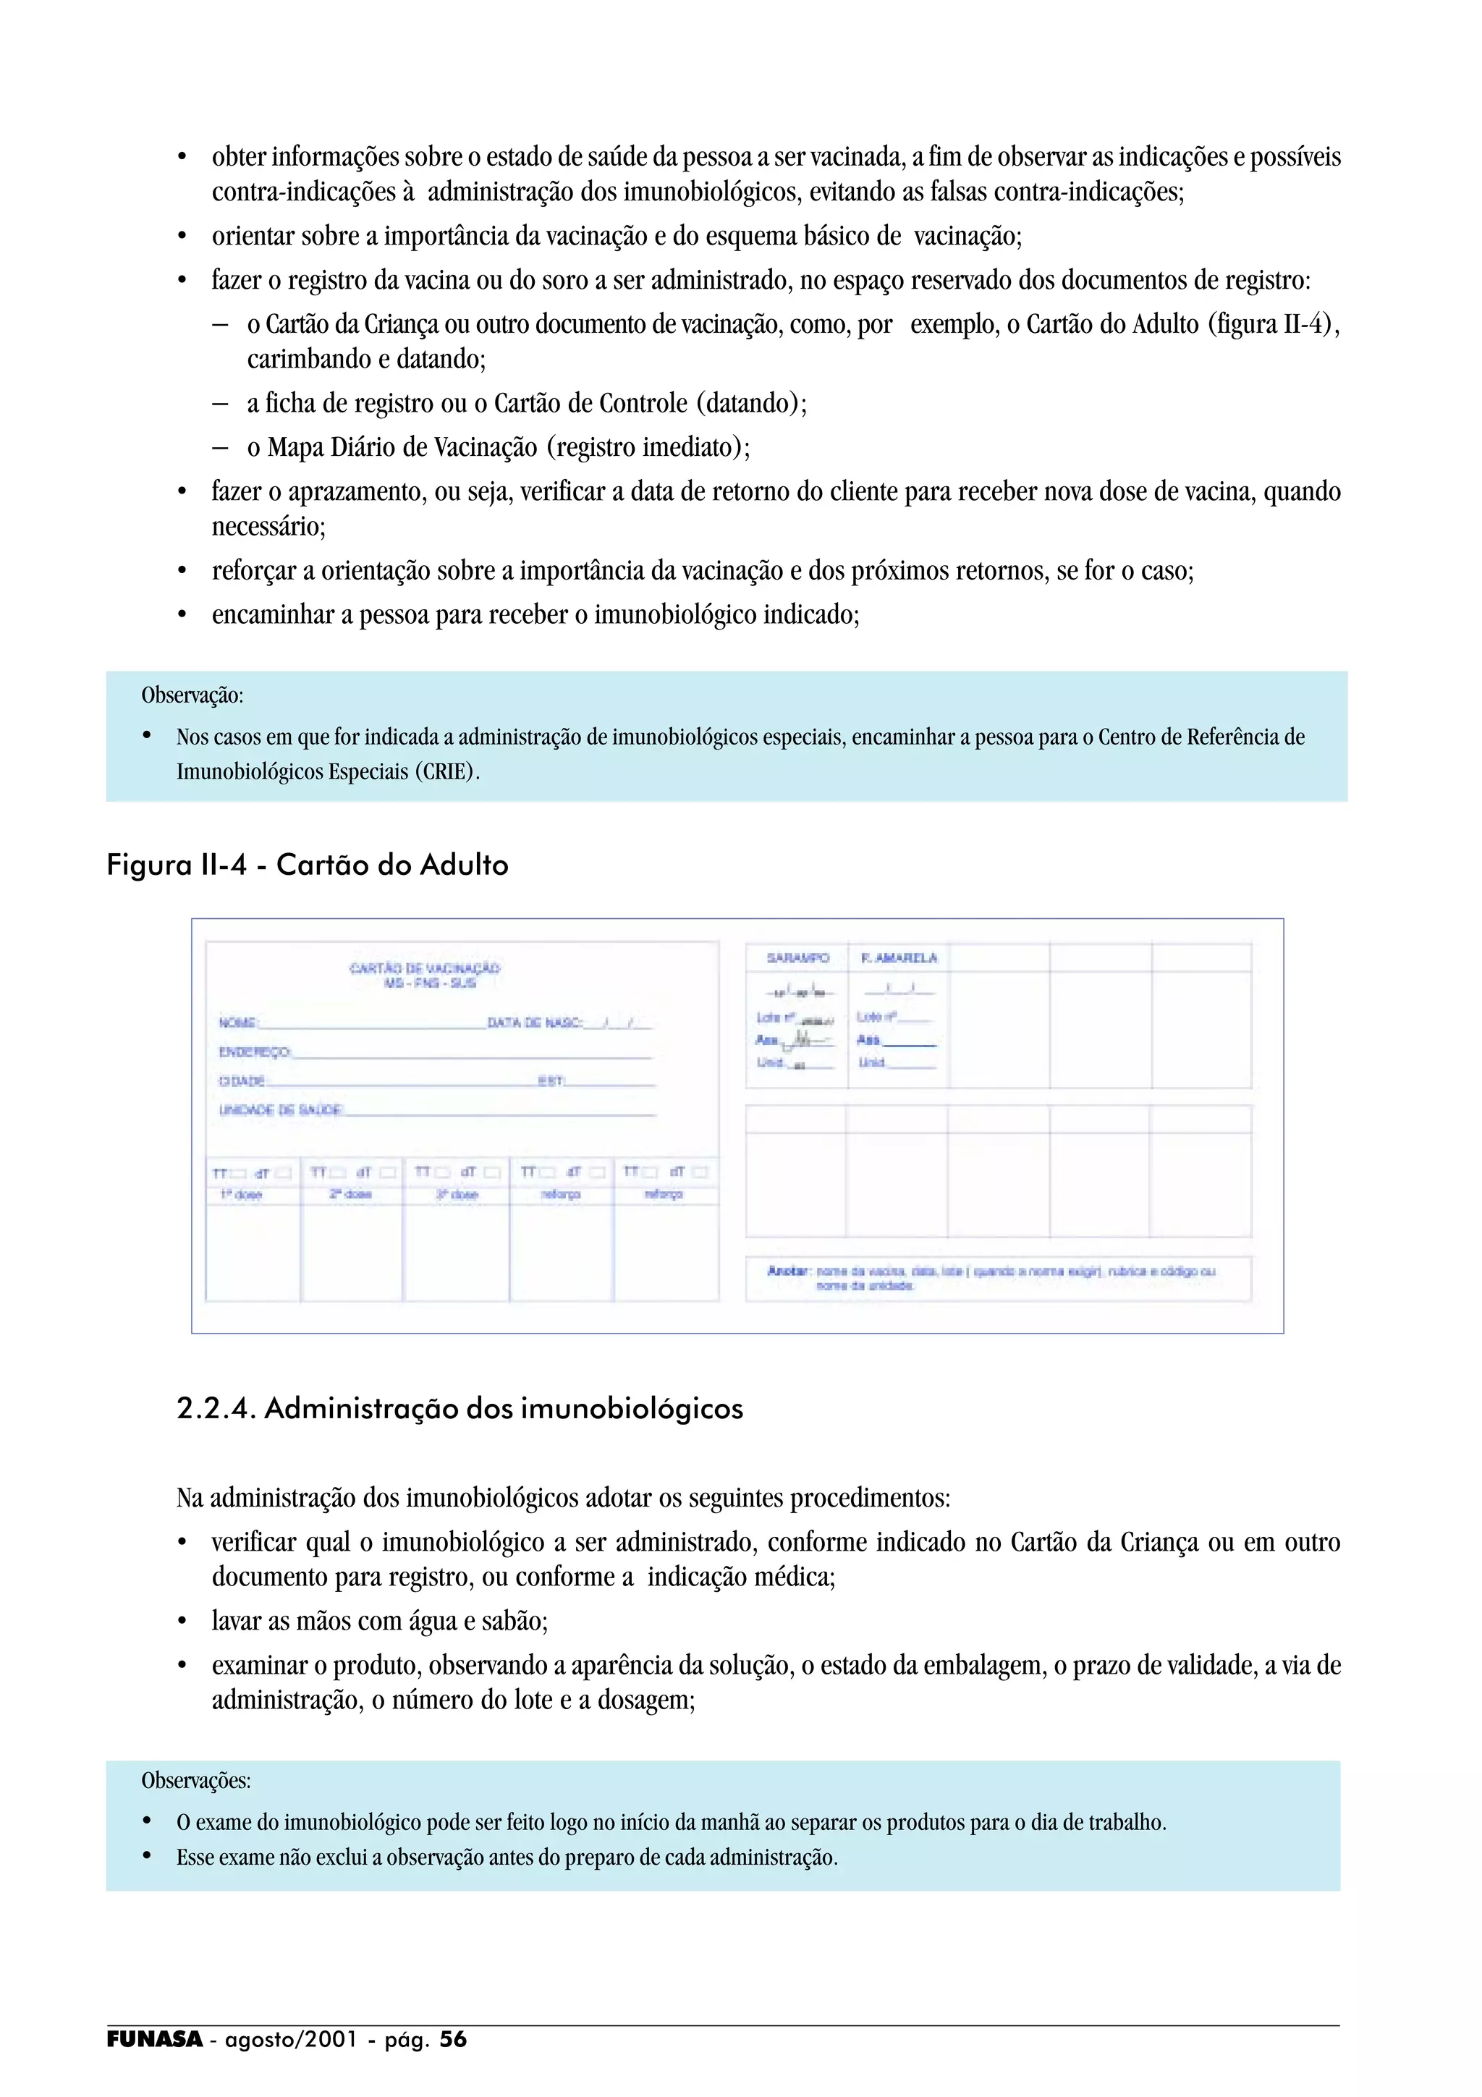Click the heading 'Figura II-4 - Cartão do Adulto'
coord(307,865)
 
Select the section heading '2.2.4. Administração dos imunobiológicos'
coord(460,1408)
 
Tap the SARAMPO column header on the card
coord(797,958)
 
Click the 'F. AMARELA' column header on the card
coord(899,958)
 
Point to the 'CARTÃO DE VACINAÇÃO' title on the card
coord(425,968)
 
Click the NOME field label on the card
coord(237,1023)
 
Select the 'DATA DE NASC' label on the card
coord(534,1023)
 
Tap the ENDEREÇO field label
coord(254,1052)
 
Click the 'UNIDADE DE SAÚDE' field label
coord(280,1110)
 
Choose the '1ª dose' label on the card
coord(241,1195)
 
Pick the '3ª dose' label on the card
coord(457,1195)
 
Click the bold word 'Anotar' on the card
coord(788,1271)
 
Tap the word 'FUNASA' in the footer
coord(154,2039)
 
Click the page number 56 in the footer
coord(453,2039)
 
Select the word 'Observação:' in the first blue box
coord(192,696)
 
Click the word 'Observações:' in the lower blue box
coord(195,1781)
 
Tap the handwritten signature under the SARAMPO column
coord(802,1039)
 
